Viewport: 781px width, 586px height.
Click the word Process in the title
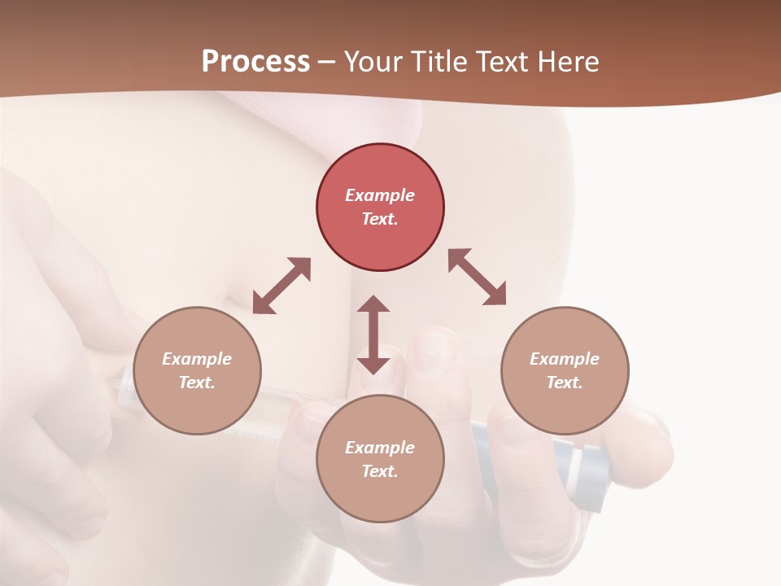coord(255,62)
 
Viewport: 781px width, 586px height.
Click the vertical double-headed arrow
coord(373,335)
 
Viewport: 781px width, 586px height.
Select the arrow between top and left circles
coord(281,286)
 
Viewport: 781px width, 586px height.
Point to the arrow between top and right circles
coord(478,277)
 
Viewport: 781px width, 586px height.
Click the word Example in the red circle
coord(380,195)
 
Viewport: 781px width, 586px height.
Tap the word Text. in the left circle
coord(197,383)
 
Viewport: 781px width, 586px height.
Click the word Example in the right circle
coord(565,359)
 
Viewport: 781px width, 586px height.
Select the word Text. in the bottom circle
coord(380,471)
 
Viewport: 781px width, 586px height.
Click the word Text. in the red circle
coord(380,219)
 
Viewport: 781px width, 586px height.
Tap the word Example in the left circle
coord(197,359)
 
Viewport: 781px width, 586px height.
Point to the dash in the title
coord(327,62)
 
